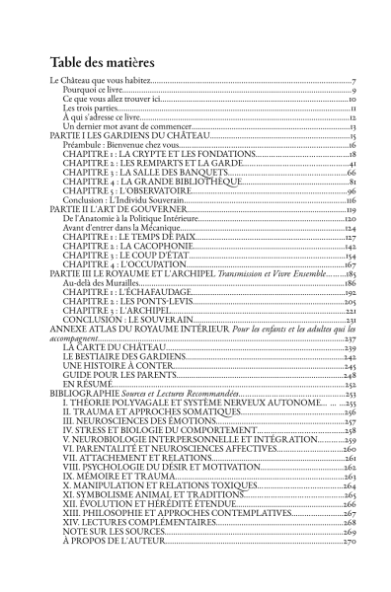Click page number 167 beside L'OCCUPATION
pos(350,265)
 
